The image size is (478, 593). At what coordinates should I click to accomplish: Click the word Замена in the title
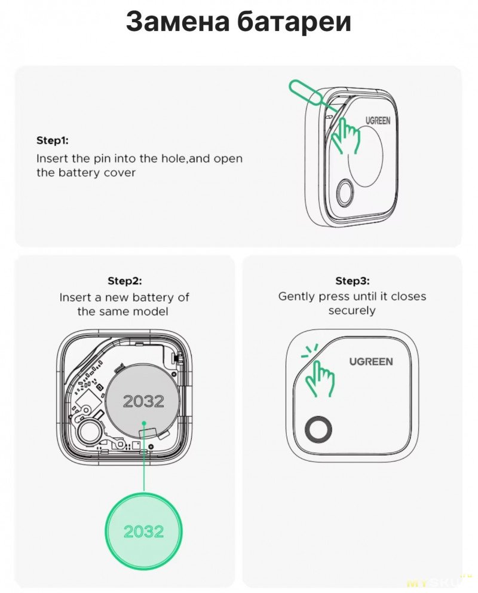pyautogui.click(x=177, y=22)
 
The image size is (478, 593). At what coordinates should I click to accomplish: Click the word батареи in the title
pyautogui.click(x=295, y=22)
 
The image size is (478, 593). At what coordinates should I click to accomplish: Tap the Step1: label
pyautogui.click(x=53, y=140)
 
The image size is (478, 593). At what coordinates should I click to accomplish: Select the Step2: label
pyautogui.click(x=125, y=281)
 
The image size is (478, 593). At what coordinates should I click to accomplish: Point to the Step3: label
pyautogui.click(x=353, y=281)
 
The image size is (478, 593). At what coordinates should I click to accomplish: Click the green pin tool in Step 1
pyautogui.click(x=306, y=94)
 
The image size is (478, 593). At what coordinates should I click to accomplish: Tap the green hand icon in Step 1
pyautogui.click(x=345, y=135)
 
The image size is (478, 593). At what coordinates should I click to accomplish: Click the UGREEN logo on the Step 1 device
pyautogui.click(x=378, y=121)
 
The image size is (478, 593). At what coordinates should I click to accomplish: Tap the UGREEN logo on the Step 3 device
pyautogui.click(x=371, y=362)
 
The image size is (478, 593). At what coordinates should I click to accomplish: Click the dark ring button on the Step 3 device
pyautogui.click(x=318, y=429)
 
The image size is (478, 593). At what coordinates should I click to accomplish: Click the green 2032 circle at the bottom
pyautogui.click(x=143, y=531)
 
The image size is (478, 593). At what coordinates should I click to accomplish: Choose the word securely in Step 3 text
pyautogui.click(x=352, y=311)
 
